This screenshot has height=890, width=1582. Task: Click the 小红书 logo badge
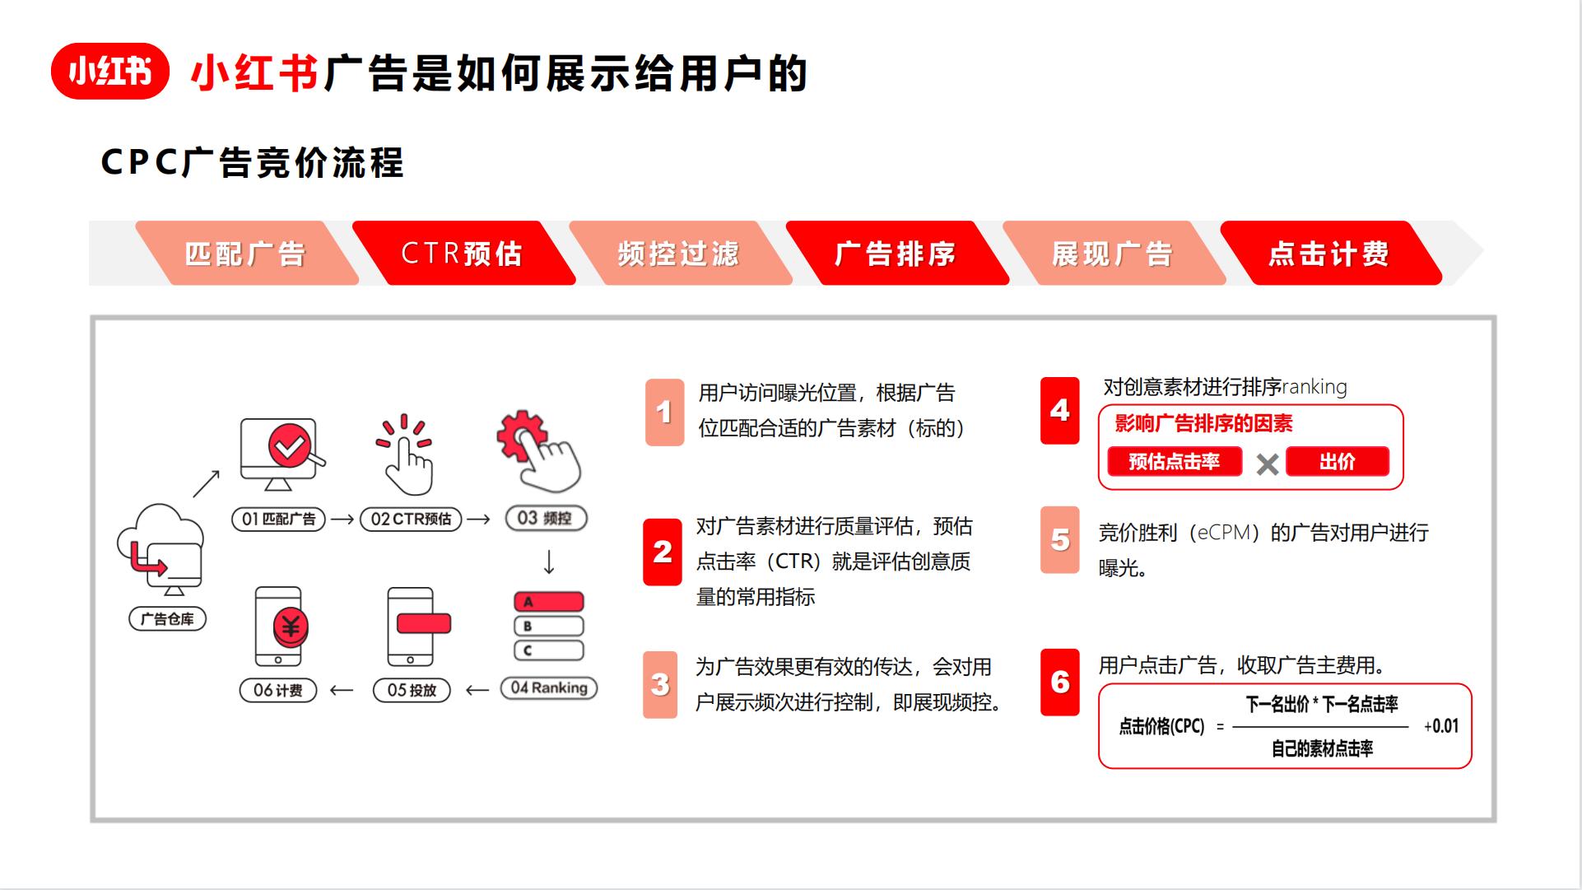110,72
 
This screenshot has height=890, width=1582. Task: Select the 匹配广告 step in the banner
245,254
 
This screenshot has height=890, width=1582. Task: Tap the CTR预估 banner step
463,254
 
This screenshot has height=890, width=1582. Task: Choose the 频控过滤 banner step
679,254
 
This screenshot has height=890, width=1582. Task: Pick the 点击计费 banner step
1329,254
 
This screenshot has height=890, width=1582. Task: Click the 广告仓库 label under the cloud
168,619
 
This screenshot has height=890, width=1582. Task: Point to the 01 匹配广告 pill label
279,519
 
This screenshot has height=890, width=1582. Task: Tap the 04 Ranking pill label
549,687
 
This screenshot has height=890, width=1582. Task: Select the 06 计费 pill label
278,690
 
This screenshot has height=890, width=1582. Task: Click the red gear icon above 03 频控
521,435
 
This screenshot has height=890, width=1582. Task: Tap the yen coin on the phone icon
290,627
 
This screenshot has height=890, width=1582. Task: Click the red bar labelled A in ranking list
549,602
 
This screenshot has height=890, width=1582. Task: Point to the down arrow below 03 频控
549,562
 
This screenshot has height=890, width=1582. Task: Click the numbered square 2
663,552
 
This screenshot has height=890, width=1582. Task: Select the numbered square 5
1060,540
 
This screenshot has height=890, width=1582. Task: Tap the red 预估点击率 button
1175,462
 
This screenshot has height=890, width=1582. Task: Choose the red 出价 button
1338,462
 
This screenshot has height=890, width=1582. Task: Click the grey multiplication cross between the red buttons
1268,464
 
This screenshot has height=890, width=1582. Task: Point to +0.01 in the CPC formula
1441,726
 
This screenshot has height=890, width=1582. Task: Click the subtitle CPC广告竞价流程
253,162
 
